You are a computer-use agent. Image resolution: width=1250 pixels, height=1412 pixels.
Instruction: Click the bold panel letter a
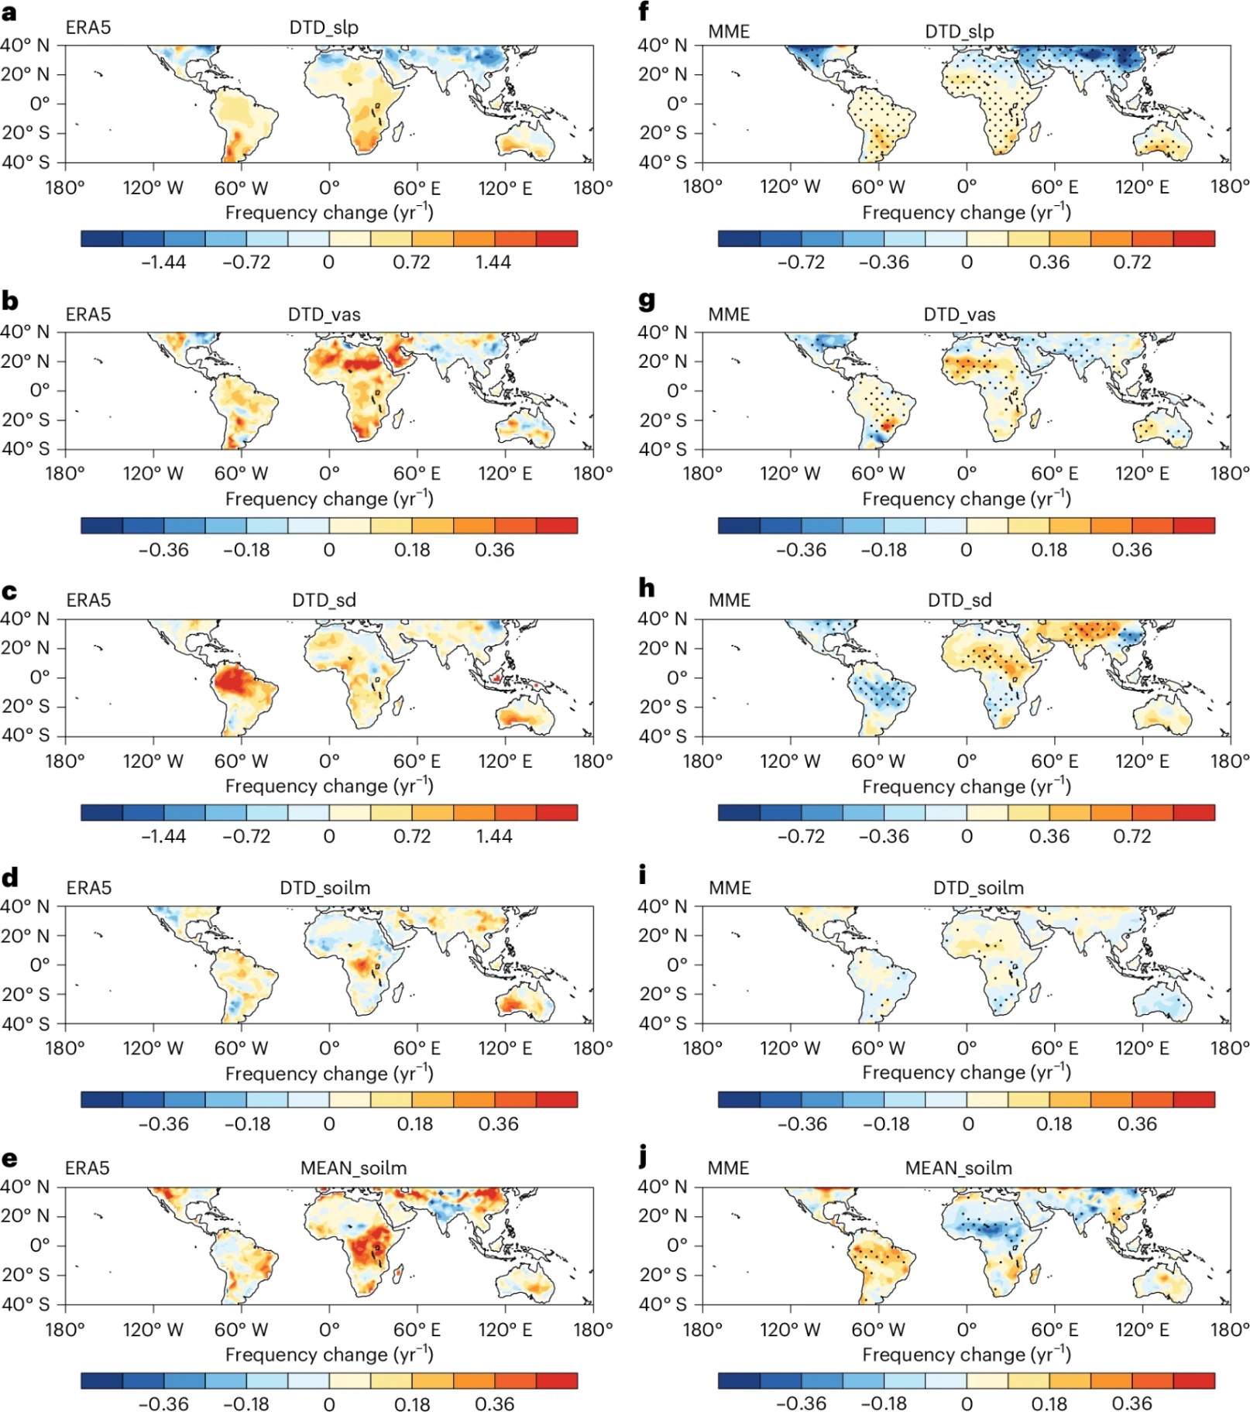[x=9, y=13]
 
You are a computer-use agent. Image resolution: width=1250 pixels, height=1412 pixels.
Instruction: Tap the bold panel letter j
[x=643, y=1157]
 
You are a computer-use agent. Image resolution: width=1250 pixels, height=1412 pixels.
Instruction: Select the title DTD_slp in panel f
[x=959, y=32]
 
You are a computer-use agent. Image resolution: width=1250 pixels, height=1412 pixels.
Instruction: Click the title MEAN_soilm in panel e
[x=353, y=1168]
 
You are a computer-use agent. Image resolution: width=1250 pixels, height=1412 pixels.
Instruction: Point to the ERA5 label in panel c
[x=88, y=601]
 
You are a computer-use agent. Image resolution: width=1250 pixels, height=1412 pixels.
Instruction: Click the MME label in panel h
[x=730, y=601]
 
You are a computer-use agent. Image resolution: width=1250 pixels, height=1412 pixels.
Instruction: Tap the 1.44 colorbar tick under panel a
[x=493, y=262]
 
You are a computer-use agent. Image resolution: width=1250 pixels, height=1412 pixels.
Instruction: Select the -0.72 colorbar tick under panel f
[x=801, y=262]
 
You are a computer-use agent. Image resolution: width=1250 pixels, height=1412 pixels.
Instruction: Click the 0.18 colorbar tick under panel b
[x=412, y=550]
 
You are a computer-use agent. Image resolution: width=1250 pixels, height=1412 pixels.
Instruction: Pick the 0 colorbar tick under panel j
[x=967, y=1403]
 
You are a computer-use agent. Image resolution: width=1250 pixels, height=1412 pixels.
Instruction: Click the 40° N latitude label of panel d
[x=25, y=906]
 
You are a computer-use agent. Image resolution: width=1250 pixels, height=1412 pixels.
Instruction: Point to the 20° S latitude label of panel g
[x=663, y=420]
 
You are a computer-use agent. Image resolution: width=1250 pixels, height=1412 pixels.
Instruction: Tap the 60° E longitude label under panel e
[x=417, y=1330]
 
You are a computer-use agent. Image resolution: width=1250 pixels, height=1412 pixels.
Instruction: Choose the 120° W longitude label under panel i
[x=790, y=1048]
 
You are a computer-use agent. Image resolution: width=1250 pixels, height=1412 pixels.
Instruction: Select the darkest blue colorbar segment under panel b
[x=101, y=526]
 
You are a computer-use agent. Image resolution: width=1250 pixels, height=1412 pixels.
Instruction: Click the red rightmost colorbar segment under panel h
[x=1194, y=812]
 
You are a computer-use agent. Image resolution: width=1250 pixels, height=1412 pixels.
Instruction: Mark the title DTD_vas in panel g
[x=959, y=315]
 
